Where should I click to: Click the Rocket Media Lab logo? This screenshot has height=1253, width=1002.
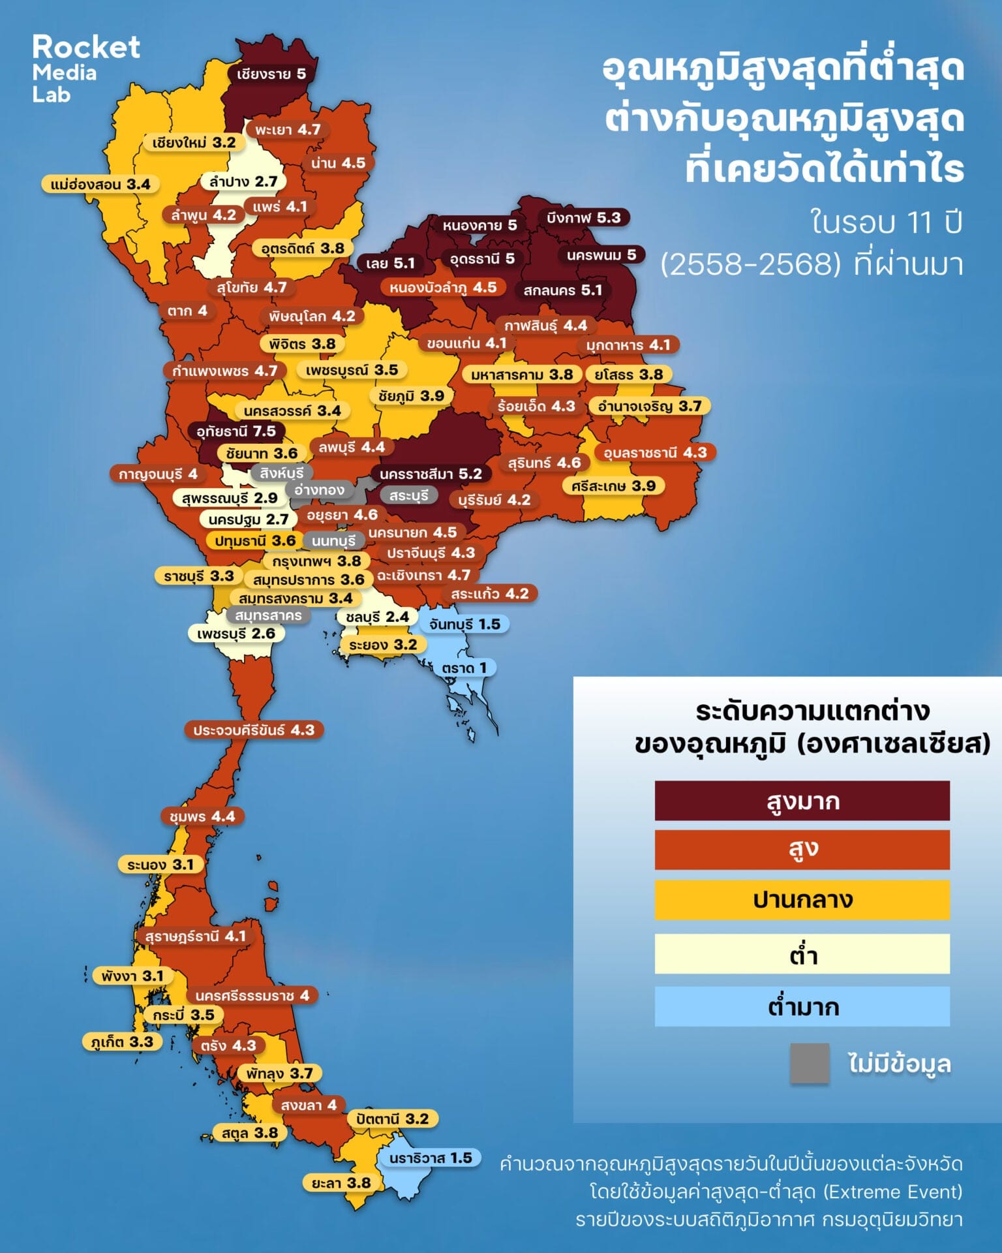tap(85, 69)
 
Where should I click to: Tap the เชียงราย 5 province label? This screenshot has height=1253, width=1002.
tap(271, 74)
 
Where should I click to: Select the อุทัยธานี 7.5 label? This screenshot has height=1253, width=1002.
tap(236, 431)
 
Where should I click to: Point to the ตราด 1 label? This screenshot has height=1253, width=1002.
tap(464, 668)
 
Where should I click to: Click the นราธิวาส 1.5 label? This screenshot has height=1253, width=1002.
tap(431, 1158)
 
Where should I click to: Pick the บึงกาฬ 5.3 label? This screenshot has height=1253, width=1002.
tap(584, 217)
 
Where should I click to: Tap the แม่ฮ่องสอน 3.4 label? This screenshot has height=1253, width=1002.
tap(100, 185)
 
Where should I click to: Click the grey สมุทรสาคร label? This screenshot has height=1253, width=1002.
tap(268, 615)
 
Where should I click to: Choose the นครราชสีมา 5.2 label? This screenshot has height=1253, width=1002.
tap(431, 474)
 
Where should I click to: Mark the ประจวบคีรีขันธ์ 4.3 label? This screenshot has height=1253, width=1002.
tap(254, 730)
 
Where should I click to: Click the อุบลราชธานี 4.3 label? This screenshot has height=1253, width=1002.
tap(655, 452)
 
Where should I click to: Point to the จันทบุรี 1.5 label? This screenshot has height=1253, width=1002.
tap(464, 624)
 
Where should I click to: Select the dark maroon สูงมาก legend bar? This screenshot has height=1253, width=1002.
tap(802, 801)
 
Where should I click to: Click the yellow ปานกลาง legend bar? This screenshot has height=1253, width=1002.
tap(802, 900)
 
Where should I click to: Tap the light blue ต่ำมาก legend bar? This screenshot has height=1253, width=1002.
tap(802, 1006)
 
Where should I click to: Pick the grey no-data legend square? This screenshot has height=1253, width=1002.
tap(810, 1063)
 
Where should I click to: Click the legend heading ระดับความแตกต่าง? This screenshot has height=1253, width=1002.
tap(812, 710)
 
